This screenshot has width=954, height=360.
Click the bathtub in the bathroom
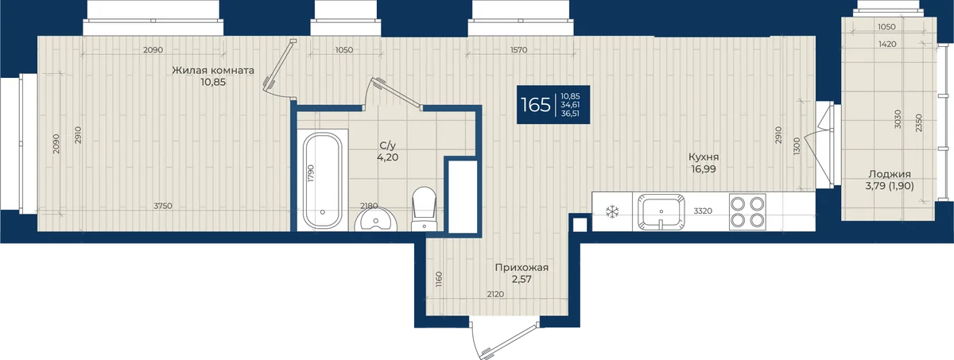click(x=323, y=181)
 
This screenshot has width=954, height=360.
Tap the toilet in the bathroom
click(x=425, y=209)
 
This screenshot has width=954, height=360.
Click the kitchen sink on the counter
click(x=661, y=212)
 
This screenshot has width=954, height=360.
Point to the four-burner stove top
click(x=747, y=212)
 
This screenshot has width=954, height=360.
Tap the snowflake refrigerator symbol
click(x=612, y=211)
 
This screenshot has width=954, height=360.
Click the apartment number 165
click(x=536, y=105)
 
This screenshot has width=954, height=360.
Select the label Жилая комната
click(x=213, y=70)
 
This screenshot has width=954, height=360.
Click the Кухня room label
click(x=704, y=157)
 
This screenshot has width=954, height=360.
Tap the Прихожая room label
click(x=522, y=268)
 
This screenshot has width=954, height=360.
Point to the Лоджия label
click(x=890, y=174)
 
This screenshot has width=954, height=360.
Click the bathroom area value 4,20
click(x=388, y=157)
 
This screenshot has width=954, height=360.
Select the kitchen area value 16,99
click(x=704, y=169)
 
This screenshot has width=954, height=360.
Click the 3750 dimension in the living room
click(x=163, y=206)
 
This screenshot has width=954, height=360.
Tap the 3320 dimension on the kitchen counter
click(x=703, y=211)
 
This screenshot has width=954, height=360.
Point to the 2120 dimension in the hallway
click(x=495, y=294)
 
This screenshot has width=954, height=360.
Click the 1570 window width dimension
click(x=518, y=50)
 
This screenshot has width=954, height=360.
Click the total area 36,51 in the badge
click(x=570, y=114)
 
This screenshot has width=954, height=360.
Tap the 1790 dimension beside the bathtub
click(x=311, y=173)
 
